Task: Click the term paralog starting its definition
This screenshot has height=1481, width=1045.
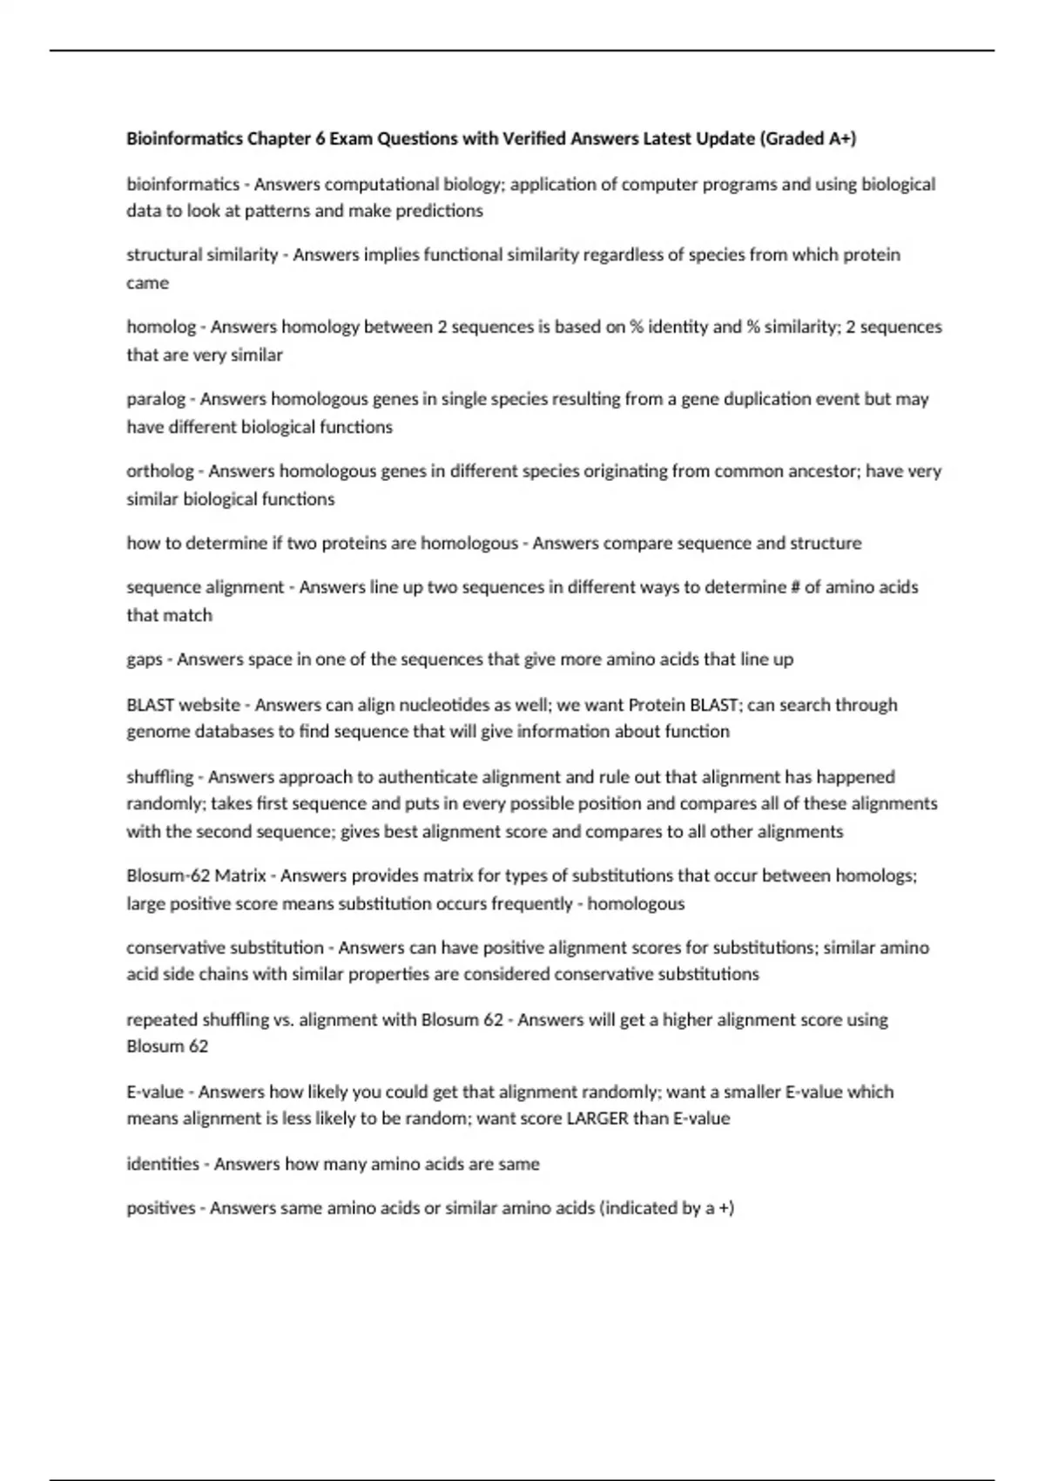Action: (x=156, y=399)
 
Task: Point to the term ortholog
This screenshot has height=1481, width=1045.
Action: (x=160, y=471)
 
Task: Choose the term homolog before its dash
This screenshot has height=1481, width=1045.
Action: (x=161, y=327)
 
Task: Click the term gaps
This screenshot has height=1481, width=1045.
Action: (x=145, y=659)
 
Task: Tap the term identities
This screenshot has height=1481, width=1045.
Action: (x=163, y=1164)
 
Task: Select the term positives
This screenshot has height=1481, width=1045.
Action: (x=161, y=1208)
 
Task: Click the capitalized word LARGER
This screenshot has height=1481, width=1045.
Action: (x=597, y=1119)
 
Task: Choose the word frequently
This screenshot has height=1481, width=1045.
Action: (x=531, y=904)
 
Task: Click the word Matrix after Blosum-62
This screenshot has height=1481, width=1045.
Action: (x=240, y=876)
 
